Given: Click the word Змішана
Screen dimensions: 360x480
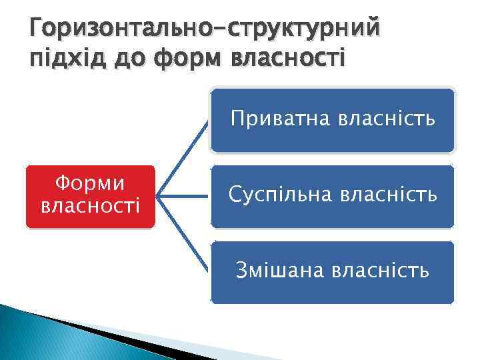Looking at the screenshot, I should tap(283, 271).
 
